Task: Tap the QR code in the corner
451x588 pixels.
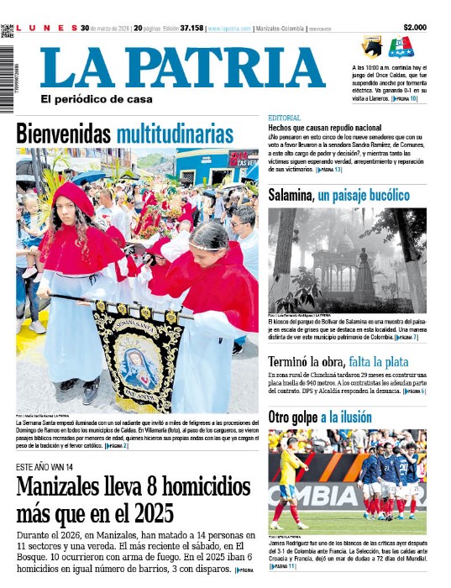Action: pyautogui.click(x=8, y=31)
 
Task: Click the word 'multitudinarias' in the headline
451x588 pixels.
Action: pyautogui.click(x=175, y=134)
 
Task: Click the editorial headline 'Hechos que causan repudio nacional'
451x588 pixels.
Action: pyautogui.click(x=324, y=127)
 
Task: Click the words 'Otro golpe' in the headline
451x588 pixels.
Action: pyautogui.click(x=291, y=417)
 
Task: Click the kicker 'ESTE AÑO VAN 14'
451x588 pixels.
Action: pyautogui.click(x=45, y=466)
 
